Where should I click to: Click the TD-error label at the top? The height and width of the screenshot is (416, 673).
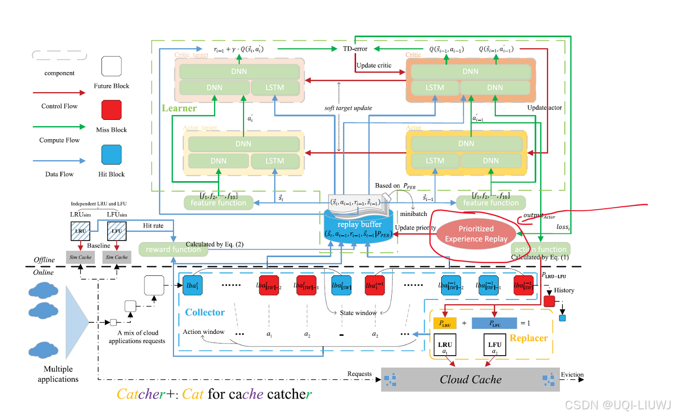(x=355, y=49)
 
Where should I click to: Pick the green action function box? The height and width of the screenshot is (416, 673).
(x=541, y=249)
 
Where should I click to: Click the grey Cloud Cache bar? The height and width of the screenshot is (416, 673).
(x=470, y=379)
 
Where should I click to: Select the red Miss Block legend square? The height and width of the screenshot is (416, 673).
(x=112, y=111)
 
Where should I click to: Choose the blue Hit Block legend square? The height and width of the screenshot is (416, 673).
(x=112, y=156)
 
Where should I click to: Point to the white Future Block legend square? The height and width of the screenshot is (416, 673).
(x=112, y=67)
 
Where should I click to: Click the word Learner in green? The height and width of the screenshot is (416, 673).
(x=179, y=108)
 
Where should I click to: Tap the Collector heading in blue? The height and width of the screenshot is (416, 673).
(x=205, y=312)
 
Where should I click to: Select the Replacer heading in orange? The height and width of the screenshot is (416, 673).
(x=529, y=338)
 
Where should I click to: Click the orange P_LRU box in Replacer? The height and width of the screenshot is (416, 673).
(x=445, y=322)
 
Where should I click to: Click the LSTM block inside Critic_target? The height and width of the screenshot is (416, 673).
(x=274, y=88)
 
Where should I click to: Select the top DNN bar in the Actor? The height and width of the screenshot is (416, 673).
(x=466, y=143)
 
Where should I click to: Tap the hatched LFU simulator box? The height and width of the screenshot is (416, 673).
(x=116, y=231)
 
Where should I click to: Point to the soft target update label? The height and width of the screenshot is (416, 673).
(x=348, y=108)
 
